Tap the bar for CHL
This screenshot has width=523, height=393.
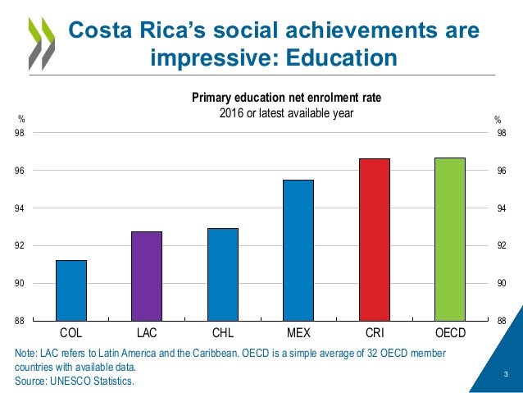tap(222, 275)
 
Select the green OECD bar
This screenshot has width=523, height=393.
tap(450, 239)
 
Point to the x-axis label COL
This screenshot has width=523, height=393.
tap(71, 334)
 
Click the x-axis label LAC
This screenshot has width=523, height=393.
tap(147, 334)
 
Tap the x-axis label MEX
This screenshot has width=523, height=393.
tap(298, 334)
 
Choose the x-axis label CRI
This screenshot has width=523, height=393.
tap(374, 334)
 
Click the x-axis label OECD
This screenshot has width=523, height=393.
tap(450, 334)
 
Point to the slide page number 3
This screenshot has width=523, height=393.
tap(506, 375)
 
